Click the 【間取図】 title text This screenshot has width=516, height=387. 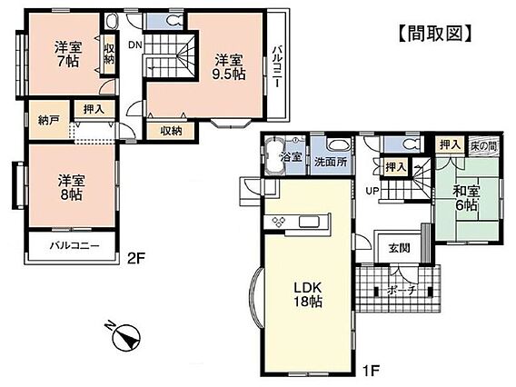(x=435, y=34)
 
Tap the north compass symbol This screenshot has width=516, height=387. (x=124, y=336)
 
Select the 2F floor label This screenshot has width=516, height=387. (x=136, y=258)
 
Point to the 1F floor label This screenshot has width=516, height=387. (x=371, y=371)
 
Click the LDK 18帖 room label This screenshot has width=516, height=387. (x=308, y=294)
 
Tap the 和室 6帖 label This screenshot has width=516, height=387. (x=466, y=198)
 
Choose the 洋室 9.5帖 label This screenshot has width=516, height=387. (x=229, y=67)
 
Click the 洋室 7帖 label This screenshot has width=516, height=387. (x=68, y=55)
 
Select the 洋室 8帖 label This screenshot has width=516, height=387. (x=72, y=188)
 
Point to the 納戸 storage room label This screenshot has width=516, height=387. (x=49, y=120)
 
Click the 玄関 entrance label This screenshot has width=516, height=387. (x=399, y=248)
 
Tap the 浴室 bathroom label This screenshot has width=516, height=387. (x=292, y=157)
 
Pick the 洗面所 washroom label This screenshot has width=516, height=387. (x=331, y=162)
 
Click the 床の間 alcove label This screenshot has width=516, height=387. (x=483, y=146)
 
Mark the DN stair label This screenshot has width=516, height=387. (x=135, y=45)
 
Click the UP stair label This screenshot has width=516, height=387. (x=372, y=191)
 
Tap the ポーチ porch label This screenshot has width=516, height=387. (x=402, y=291)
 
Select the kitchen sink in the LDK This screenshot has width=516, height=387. (x=309, y=222)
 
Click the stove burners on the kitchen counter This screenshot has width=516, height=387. (x=279, y=222)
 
